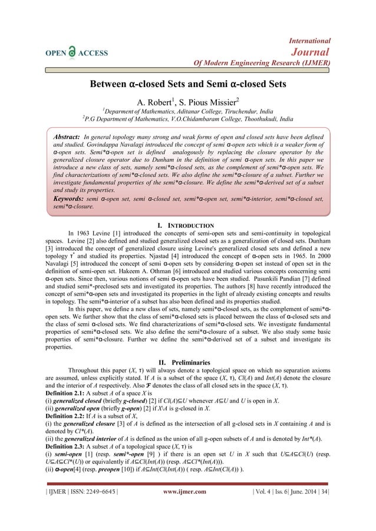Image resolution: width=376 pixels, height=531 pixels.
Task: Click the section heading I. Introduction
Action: pyautogui.click(x=188, y=225)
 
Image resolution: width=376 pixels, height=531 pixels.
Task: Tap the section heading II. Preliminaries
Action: pyautogui.click(x=188, y=346)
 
